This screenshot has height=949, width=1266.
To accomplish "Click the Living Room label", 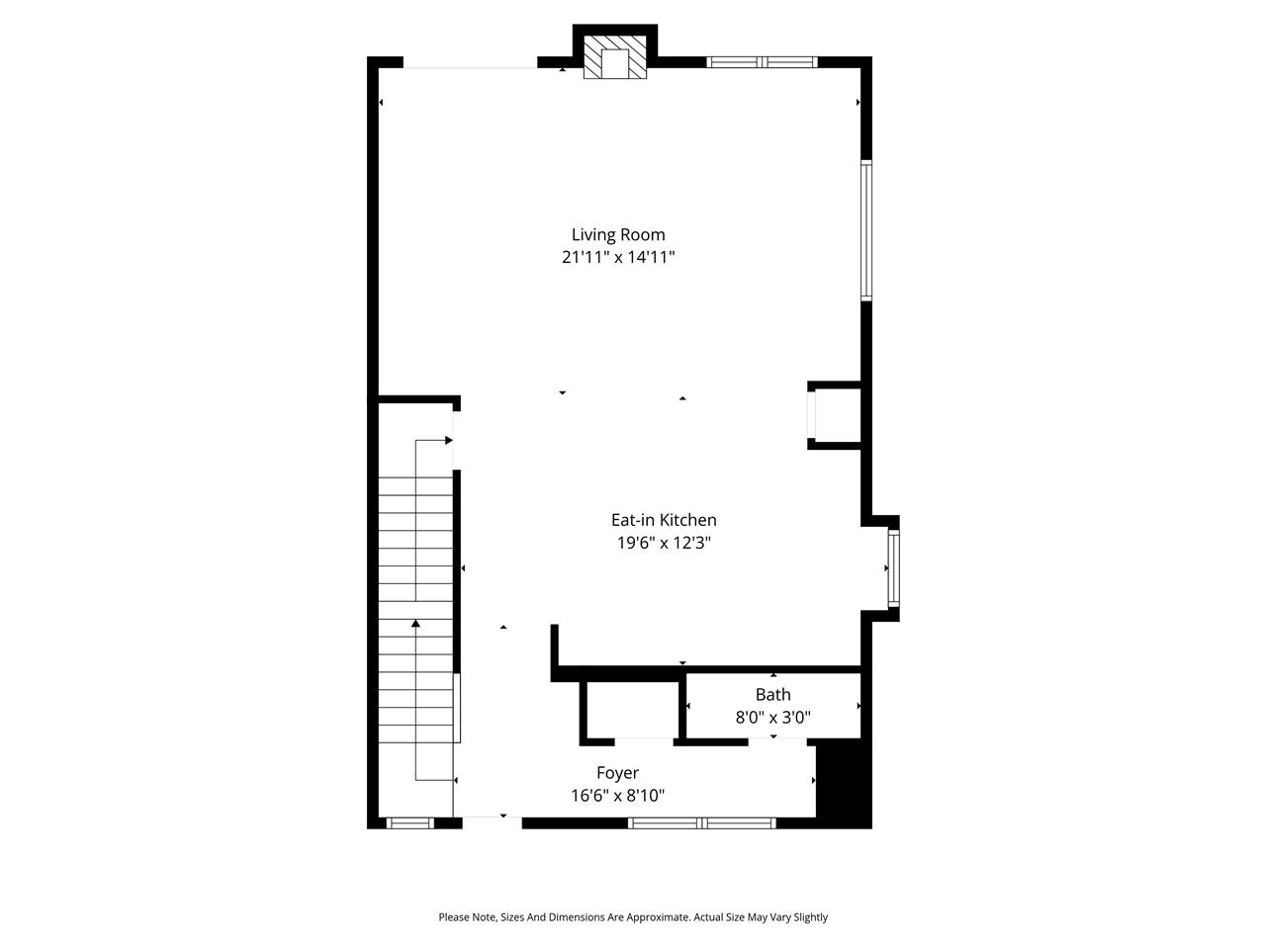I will [618, 234].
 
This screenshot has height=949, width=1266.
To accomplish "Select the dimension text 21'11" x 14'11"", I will [618, 257].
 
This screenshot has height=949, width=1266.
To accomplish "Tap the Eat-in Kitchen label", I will [663, 520].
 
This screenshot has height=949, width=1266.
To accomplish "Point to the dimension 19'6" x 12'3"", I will [664, 543].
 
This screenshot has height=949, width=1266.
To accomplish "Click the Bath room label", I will [772, 695].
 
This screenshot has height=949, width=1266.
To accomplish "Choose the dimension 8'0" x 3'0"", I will [772, 718].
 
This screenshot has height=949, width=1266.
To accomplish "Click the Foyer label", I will [617, 773].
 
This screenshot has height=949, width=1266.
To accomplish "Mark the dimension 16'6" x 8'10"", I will [617, 795].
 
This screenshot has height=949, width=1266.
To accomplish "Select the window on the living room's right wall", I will [866, 230].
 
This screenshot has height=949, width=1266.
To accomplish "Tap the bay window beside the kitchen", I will [893, 568].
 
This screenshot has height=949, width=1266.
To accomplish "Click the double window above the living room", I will [762, 62].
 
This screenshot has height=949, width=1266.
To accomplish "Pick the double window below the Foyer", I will [702, 822].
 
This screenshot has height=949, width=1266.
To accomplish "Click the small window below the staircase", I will [409, 822].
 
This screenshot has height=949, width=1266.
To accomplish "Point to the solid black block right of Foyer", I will [843, 785].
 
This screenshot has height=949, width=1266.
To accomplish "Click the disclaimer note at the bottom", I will [633, 917].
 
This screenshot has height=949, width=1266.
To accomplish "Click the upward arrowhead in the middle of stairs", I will [416, 623].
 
